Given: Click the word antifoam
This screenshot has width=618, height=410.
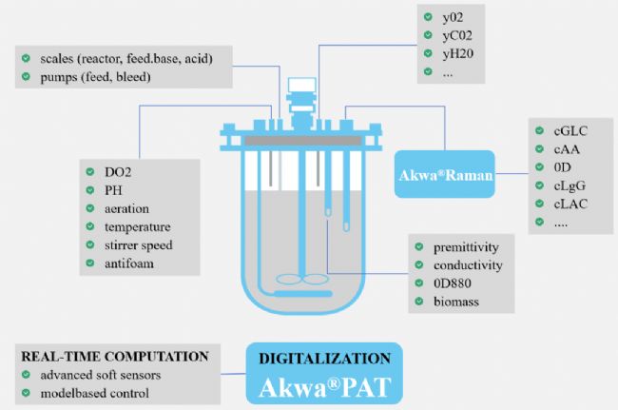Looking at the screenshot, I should point(130,264).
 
